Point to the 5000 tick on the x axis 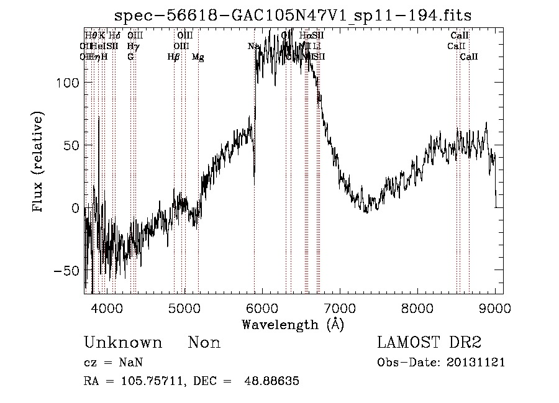tap(185, 308)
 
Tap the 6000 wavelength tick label tap(263, 308)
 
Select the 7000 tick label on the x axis tap(340, 308)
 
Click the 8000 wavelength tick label tap(417, 308)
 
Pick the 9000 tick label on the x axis tap(495, 308)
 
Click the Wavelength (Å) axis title tap(293, 324)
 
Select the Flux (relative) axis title tap(39, 163)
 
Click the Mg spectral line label tap(198, 57)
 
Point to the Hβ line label tap(173, 57)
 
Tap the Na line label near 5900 tap(253, 47)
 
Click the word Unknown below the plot tap(123, 343)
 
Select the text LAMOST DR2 tap(429, 343)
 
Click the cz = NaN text tap(109, 363)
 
